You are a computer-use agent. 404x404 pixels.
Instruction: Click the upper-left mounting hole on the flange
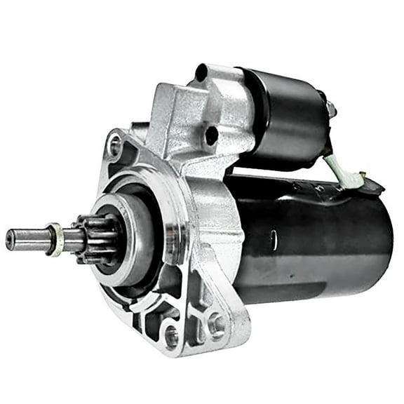coord(114,147)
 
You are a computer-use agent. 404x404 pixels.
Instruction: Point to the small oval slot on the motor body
coord(273,239)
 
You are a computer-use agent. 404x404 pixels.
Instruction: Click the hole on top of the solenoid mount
coord(201,73)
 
